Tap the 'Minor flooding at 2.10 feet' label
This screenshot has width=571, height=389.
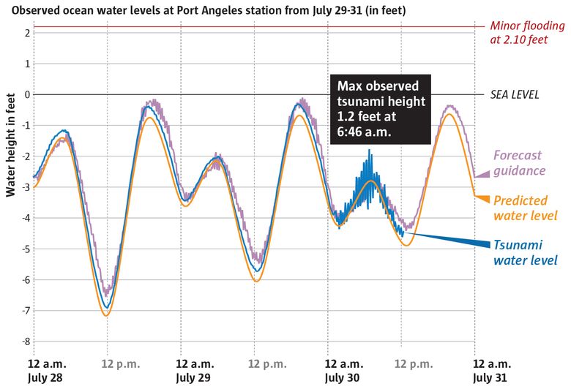coord(528,33)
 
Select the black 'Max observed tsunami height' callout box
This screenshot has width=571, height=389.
coord(381,108)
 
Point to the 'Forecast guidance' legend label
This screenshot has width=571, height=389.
coord(520,163)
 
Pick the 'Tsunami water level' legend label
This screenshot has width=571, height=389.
coord(524,252)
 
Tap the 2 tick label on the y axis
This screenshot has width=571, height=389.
coord(26,33)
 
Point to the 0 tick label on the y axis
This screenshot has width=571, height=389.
coord(26,94)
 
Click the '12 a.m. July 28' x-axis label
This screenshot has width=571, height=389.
coord(45,369)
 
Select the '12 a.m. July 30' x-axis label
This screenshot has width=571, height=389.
coord(344,369)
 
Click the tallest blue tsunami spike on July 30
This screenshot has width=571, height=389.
coord(369,151)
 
